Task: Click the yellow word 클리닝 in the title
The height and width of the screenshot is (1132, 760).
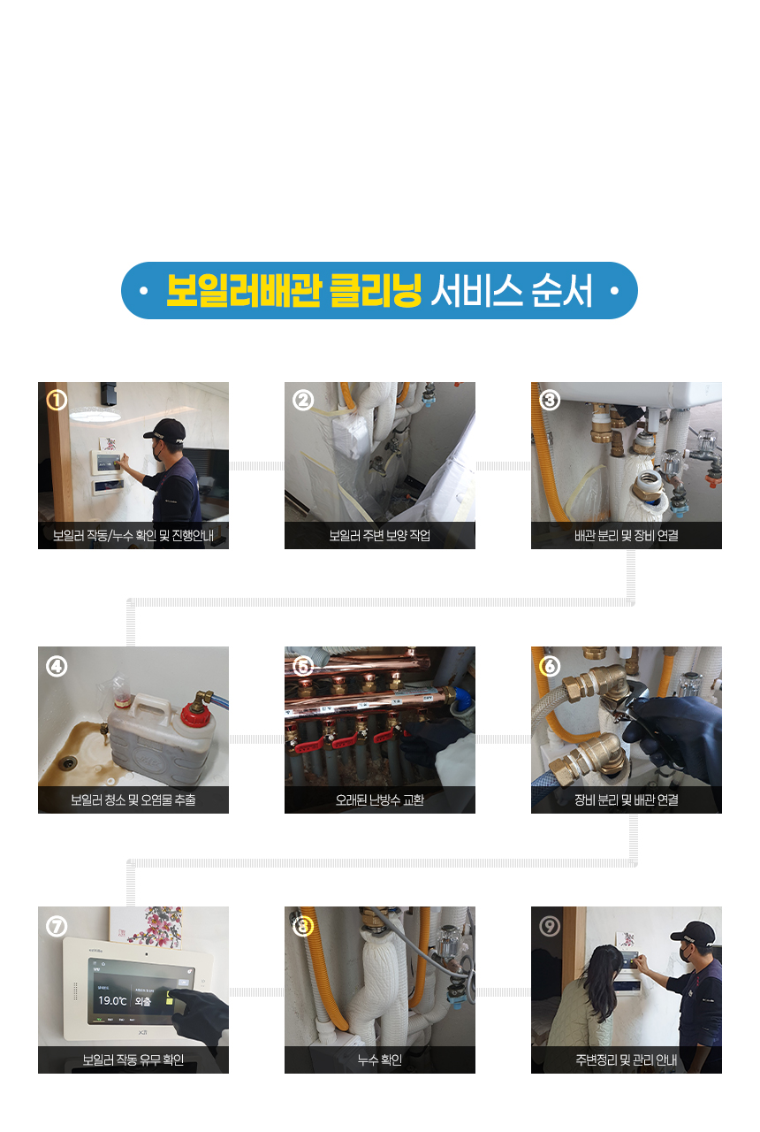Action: tap(376, 291)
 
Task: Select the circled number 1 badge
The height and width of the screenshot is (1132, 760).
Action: tap(57, 401)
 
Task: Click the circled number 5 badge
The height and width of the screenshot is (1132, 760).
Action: tap(303, 667)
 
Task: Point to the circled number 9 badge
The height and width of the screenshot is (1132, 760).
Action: tap(550, 926)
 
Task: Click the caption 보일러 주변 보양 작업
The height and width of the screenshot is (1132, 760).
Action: tap(380, 535)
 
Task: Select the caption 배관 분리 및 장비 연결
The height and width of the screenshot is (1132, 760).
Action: tap(627, 535)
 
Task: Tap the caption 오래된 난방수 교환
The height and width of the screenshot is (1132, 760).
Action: tap(380, 799)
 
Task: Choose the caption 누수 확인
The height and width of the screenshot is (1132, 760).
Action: tap(380, 1059)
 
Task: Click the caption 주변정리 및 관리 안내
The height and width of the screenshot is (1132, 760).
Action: tap(627, 1059)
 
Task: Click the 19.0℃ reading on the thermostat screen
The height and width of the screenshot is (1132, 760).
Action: tap(112, 1000)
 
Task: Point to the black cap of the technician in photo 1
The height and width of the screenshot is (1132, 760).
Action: tap(165, 430)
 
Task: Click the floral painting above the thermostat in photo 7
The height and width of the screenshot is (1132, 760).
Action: tap(147, 925)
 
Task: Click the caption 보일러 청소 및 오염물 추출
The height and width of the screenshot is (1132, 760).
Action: tap(133, 799)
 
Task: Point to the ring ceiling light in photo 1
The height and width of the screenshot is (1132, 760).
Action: tap(95, 414)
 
